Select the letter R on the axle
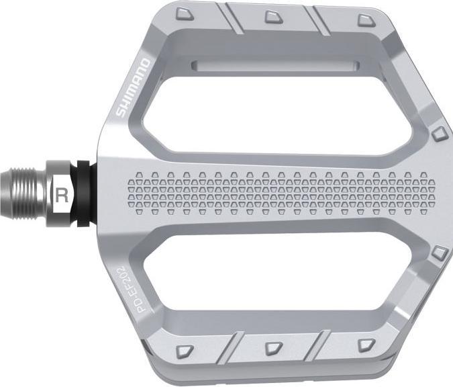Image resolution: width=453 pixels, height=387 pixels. coord(62,196)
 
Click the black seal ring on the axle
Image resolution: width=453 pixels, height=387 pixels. coord(85,194)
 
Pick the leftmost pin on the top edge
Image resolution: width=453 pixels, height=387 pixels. coord(183,14)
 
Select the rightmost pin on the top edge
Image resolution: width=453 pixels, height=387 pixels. coord(364,19)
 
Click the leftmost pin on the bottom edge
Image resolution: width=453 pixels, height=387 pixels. coord(185,350)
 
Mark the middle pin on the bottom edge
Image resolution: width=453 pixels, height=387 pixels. coord(273,348)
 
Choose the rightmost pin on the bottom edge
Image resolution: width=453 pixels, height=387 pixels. coord(364,345)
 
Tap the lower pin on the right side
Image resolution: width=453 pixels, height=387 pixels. coord(440,253)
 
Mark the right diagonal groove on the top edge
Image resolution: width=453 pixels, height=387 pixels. coord(320,21)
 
